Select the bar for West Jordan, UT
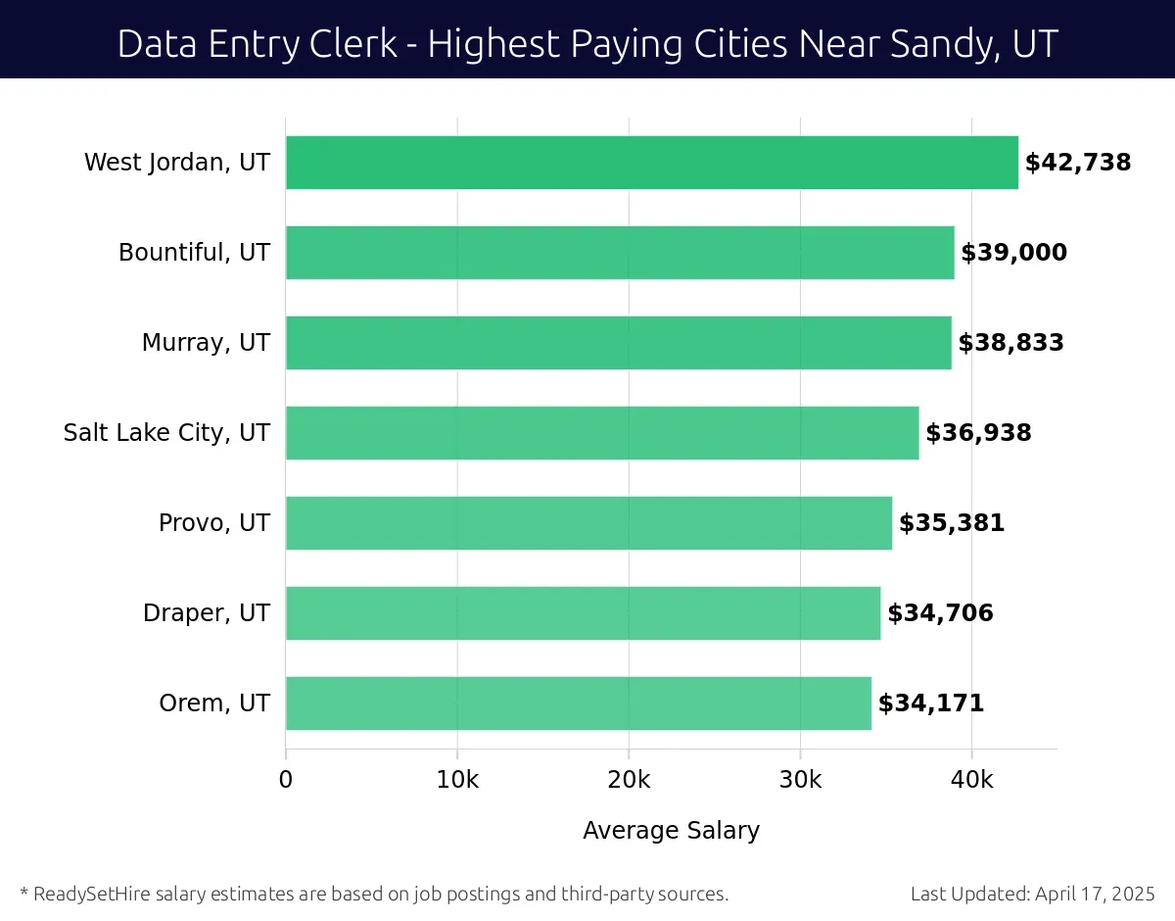pos(651,163)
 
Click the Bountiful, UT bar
pos(619,253)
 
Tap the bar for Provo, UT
pos(588,523)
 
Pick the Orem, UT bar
pos(578,703)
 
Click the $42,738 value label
pos(1077,163)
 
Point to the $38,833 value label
pos(1010,343)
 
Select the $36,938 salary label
pos(978,433)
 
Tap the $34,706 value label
pos(940,613)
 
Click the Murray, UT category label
pos(206,343)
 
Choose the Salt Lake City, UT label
pos(166,433)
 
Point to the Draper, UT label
pos(206,613)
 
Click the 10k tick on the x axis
pos(457,780)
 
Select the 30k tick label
pos(800,780)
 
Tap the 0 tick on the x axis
pos(286,780)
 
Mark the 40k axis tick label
pos(971,780)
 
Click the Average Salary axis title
pos(671,831)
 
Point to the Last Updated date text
pos(1032,894)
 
